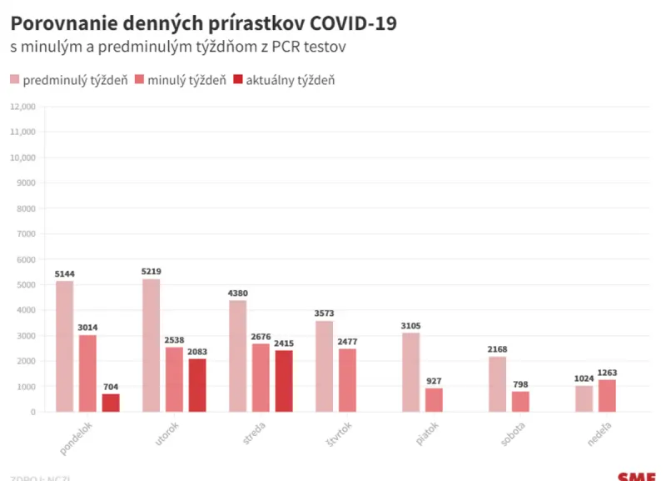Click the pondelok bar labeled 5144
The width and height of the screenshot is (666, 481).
pos(65,346)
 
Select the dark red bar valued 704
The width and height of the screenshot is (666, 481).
pos(111,403)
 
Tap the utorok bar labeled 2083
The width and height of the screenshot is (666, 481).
pos(197,385)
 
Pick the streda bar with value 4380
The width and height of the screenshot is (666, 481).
pos(238,356)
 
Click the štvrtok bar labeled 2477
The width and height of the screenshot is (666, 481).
pos(347,380)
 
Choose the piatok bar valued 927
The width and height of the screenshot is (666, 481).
pos(434,400)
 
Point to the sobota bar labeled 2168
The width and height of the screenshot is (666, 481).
pos(498,384)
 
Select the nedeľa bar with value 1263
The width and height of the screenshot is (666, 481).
pos(607,396)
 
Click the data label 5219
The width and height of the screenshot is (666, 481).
pos(152,272)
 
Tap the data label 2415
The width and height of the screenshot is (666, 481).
pos(284,343)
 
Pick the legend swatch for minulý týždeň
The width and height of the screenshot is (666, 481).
pos(138,80)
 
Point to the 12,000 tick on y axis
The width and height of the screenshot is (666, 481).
pos(22,107)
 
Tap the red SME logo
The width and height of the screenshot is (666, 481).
pos(637,476)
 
